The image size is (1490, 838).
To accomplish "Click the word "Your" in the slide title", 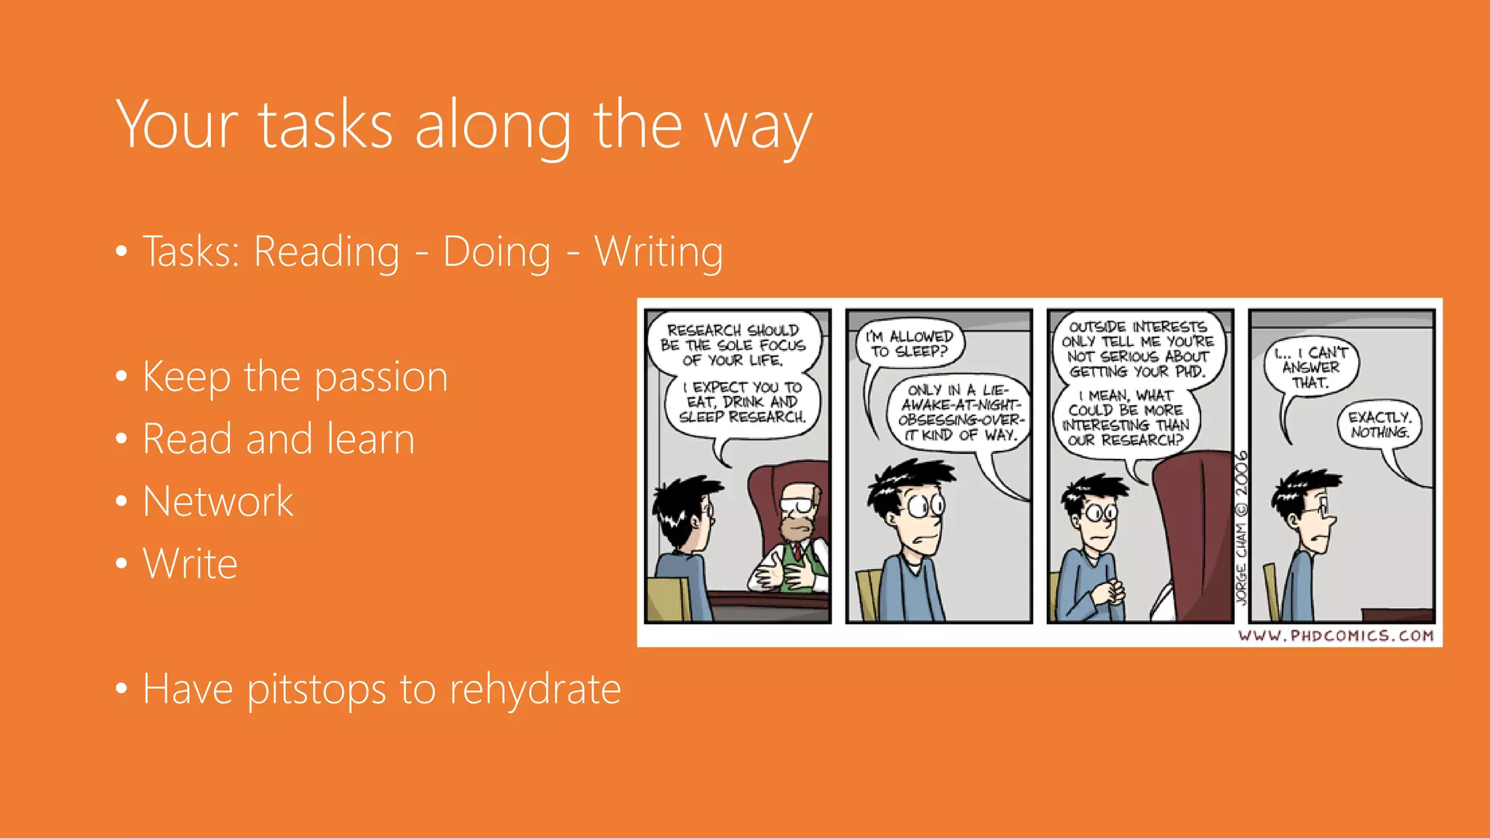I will tap(177, 125).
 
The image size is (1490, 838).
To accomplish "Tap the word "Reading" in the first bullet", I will tap(326, 252).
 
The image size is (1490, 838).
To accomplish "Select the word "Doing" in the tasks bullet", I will tap(497, 252).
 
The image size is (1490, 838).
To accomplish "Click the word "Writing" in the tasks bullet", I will tap(658, 252).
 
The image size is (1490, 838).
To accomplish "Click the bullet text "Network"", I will tap(218, 501).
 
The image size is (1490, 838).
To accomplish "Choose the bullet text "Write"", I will tap(190, 564).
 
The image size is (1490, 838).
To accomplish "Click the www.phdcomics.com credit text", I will tap(1336, 636).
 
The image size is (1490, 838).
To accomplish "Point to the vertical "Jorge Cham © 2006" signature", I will tap(1241, 527).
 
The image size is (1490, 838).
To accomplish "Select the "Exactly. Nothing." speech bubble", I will tap(1379, 425).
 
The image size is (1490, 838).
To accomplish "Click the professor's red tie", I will tap(798, 551).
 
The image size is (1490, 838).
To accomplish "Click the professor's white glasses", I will tap(797, 503).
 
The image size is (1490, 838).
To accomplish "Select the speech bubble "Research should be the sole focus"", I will tap(733, 345).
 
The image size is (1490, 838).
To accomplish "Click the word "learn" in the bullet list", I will tap(370, 439).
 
